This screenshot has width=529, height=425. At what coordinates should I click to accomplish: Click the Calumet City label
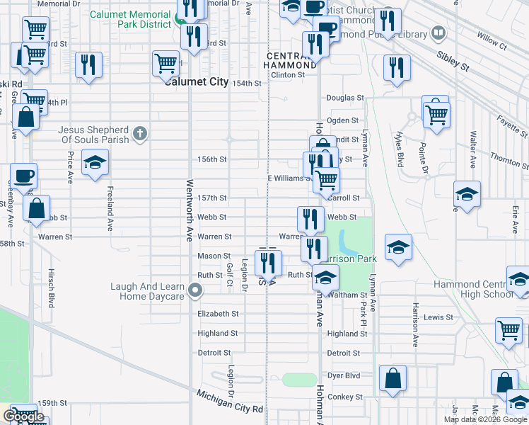click(197, 82)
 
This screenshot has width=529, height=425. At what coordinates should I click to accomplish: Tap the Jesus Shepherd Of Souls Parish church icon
click(140, 133)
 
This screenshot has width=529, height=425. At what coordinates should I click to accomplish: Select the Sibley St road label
click(453, 61)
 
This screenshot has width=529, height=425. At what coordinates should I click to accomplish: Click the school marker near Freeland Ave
click(95, 163)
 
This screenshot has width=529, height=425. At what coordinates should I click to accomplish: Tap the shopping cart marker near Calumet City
click(165, 63)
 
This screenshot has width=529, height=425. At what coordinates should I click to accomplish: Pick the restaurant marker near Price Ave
click(88, 65)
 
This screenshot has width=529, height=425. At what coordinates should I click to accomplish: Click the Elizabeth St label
click(218, 314)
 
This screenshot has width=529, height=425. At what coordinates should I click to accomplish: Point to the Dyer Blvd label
click(344, 375)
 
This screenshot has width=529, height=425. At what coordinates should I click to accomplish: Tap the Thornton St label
click(509, 158)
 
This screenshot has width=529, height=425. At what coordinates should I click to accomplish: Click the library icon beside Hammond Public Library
click(438, 33)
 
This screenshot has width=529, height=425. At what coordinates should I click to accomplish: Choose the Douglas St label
click(344, 98)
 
